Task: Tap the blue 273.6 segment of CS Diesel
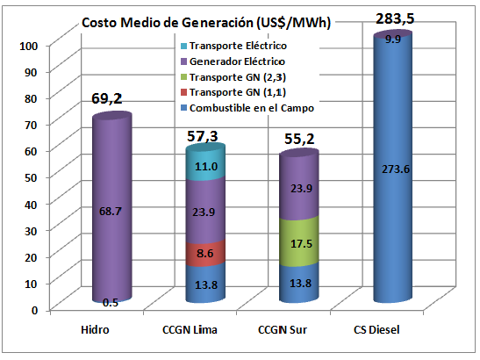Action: pyautogui.click(x=399, y=170)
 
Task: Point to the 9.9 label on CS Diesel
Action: pyautogui.click(x=399, y=40)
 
